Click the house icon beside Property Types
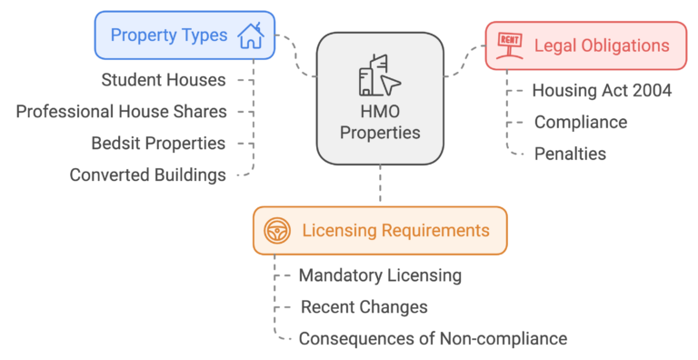pos(250,36)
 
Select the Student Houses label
pos(164,80)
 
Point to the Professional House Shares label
pos(122,111)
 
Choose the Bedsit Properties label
pos(158,143)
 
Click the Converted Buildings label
pos(148,175)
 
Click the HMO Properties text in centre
pos(380,124)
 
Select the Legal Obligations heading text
pos(602,45)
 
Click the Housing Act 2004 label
pos(602,90)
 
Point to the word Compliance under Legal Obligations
pos(580,122)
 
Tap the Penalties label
pos(570,154)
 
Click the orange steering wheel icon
pos(277,231)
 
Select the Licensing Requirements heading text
pos(395,231)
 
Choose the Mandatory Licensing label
pos(380,275)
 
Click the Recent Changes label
pos(364,306)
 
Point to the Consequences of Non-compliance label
pos(433,338)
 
